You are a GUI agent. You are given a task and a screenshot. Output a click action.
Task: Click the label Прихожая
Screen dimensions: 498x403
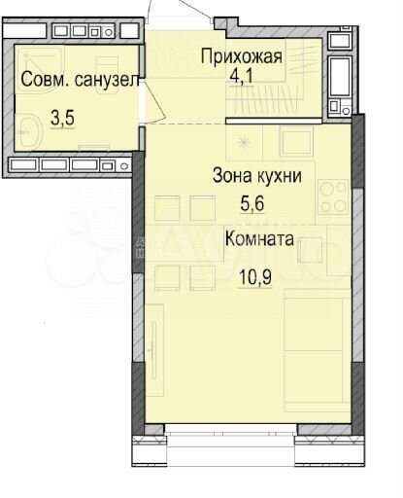[x=241, y=56]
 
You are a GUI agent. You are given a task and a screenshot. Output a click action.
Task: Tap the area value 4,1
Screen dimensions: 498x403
[x=241, y=74]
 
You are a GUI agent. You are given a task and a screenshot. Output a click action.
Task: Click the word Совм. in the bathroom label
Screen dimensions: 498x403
[x=42, y=79]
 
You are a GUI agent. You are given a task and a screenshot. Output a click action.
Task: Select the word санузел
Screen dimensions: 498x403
[x=103, y=79]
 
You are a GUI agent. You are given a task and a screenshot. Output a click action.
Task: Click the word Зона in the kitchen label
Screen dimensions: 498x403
[x=234, y=176]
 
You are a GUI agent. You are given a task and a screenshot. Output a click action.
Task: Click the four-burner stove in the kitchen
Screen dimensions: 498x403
[x=332, y=196]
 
